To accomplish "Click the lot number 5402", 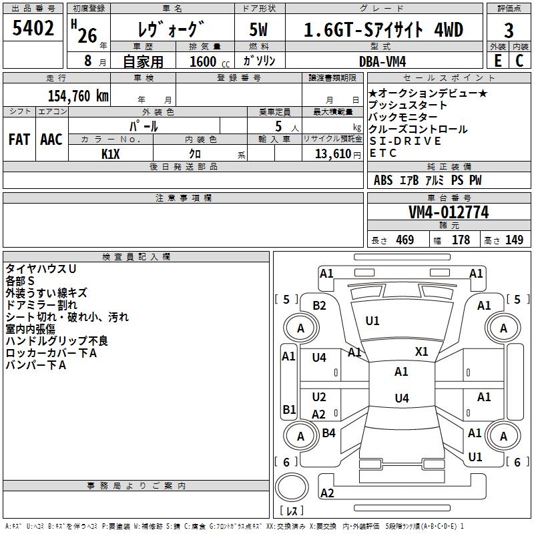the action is tap(33, 28).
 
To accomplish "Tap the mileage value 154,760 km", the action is tap(78, 96).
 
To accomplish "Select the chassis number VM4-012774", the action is tap(449, 212).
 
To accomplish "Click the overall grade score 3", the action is tap(509, 31).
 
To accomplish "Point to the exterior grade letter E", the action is tap(498, 61).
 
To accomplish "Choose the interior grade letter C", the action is tap(519, 61).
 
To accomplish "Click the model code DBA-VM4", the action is tap(382, 61).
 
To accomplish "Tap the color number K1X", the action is tap(111, 154).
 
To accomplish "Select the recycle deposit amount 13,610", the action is tap(332, 154).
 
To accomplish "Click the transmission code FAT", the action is tap(19, 140).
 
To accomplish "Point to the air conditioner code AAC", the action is tap(51, 140).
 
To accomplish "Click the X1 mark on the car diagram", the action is tap(422, 352).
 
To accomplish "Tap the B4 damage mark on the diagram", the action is tap(328, 433).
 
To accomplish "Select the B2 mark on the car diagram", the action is tap(319, 306).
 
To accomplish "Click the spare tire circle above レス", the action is tap(292, 487).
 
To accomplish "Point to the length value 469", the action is tap(405, 240).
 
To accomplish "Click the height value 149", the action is tap(514, 240).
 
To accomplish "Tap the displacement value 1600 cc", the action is tap(210, 61).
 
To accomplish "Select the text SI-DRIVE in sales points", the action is tap(405, 141).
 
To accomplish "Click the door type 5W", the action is tap(258, 29).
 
